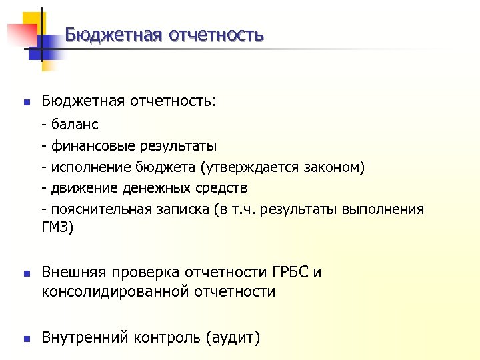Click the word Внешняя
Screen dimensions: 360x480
[x=73, y=273]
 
